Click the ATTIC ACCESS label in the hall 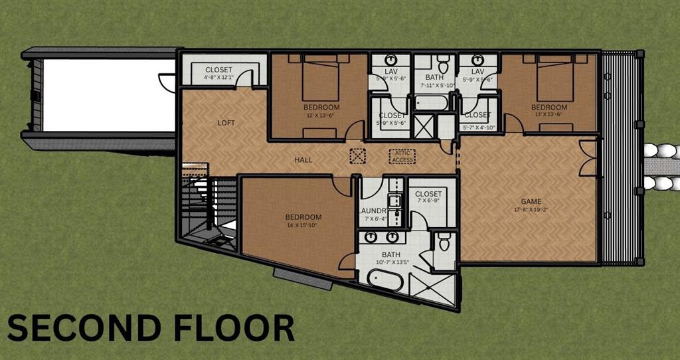tap(402, 157)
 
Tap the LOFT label tap(226, 123)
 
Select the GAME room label tap(531, 201)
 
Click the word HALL tap(303, 160)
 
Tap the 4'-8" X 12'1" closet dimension tap(218, 78)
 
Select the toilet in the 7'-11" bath tap(444, 65)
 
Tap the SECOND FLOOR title tap(150, 328)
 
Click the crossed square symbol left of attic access tap(358, 157)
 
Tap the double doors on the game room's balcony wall tap(587, 158)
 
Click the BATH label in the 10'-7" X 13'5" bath tap(391, 254)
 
